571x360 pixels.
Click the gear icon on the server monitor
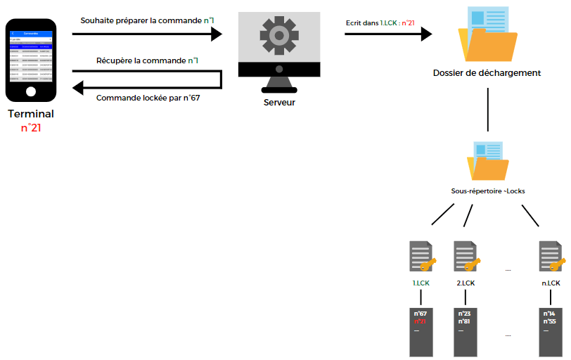[275, 34]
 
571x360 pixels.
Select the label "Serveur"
[279, 103]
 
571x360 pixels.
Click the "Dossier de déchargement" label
[487, 72]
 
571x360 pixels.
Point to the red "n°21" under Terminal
[31, 127]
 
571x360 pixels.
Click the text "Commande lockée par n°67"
[148, 97]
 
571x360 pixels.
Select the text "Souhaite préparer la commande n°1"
[148, 20]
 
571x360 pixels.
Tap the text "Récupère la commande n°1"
[147, 60]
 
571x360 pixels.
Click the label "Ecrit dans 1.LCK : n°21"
[380, 22]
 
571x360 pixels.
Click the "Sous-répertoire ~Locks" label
[487, 191]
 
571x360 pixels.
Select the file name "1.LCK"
[421, 283]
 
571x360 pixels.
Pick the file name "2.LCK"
[466, 283]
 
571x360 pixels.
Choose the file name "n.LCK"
[551, 283]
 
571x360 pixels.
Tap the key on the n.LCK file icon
[557, 265]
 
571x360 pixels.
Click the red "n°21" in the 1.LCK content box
[421, 321]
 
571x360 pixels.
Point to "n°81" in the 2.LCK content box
[465, 321]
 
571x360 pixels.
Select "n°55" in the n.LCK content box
[550, 321]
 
